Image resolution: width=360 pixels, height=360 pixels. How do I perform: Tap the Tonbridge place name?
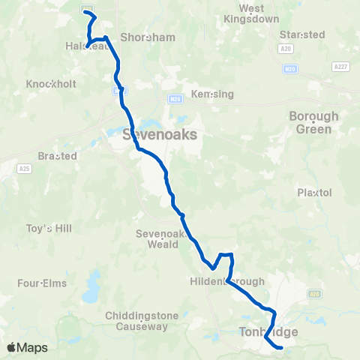click(x=268, y=331)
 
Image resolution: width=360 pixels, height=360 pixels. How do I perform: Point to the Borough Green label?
click(x=314, y=122)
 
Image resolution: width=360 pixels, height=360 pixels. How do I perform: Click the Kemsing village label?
click(x=213, y=94)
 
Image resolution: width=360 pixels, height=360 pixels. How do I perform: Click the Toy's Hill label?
click(x=49, y=228)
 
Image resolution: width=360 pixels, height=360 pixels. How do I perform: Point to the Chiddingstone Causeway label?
click(x=136, y=321)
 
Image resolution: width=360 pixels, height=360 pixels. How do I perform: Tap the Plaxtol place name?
click(x=314, y=193)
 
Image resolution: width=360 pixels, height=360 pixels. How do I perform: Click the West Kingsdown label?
click(x=253, y=13)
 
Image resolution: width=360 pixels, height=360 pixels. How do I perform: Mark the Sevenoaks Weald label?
click(x=157, y=238)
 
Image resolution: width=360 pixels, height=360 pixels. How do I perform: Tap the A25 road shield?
click(x=25, y=169)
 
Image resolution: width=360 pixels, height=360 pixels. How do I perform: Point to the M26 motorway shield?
click(x=175, y=97)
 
